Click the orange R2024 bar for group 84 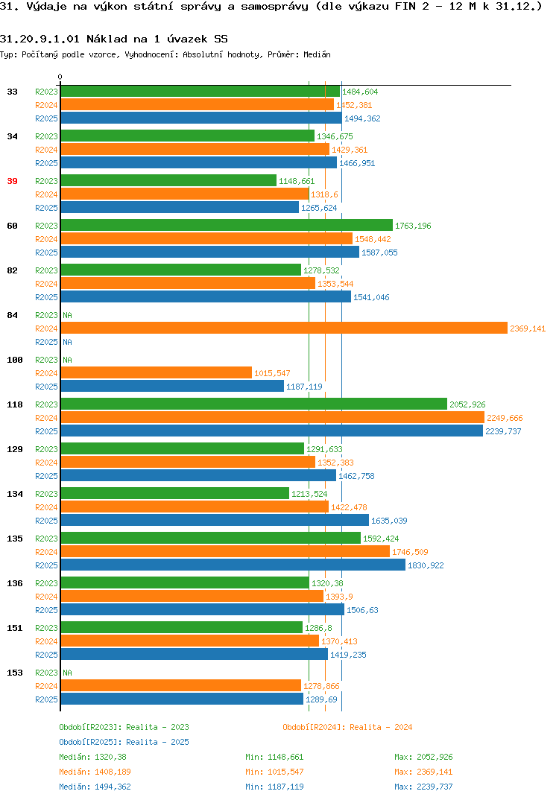click(x=284, y=328)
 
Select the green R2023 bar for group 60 click(x=227, y=225)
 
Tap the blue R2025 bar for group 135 click(x=233, y=565)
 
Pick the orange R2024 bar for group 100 click(x=157, y=373)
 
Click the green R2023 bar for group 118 click(x=253, y=404)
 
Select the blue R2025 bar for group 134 click(x=215, y=520)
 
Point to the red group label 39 click(x=12, y=181)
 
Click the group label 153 click(x=15, y=673)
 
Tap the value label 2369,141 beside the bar click(x=528, y=328)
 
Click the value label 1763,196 click(x=413, y=226)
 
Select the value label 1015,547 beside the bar click(x=272, y=373)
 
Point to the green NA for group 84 click(x=67, y=315)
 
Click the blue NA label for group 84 click(x=67, y=342)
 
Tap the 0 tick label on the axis click(x=60, y=77)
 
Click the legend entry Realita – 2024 click(x=347, y=727)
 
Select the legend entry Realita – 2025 click(x=124, y=742)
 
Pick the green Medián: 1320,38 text click(x=92, y=757)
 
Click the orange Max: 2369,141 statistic click(x=423, y=772)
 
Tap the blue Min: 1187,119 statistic click(x=274, y=787)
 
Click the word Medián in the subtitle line click(x=317, y=54)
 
